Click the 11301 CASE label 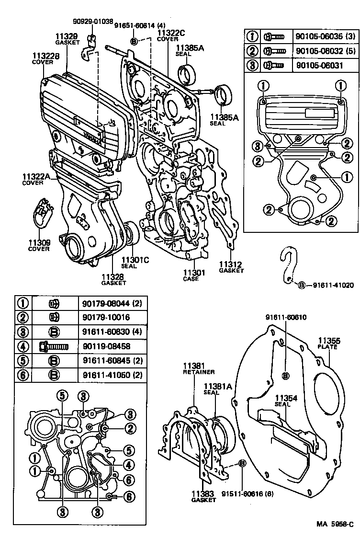click(193, 275)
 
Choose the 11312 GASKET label click(231, 267)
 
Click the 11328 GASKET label click(113, 279)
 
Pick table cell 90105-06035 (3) click(326, 36)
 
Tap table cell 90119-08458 click(107, 346)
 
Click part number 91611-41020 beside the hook click(333, 286)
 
